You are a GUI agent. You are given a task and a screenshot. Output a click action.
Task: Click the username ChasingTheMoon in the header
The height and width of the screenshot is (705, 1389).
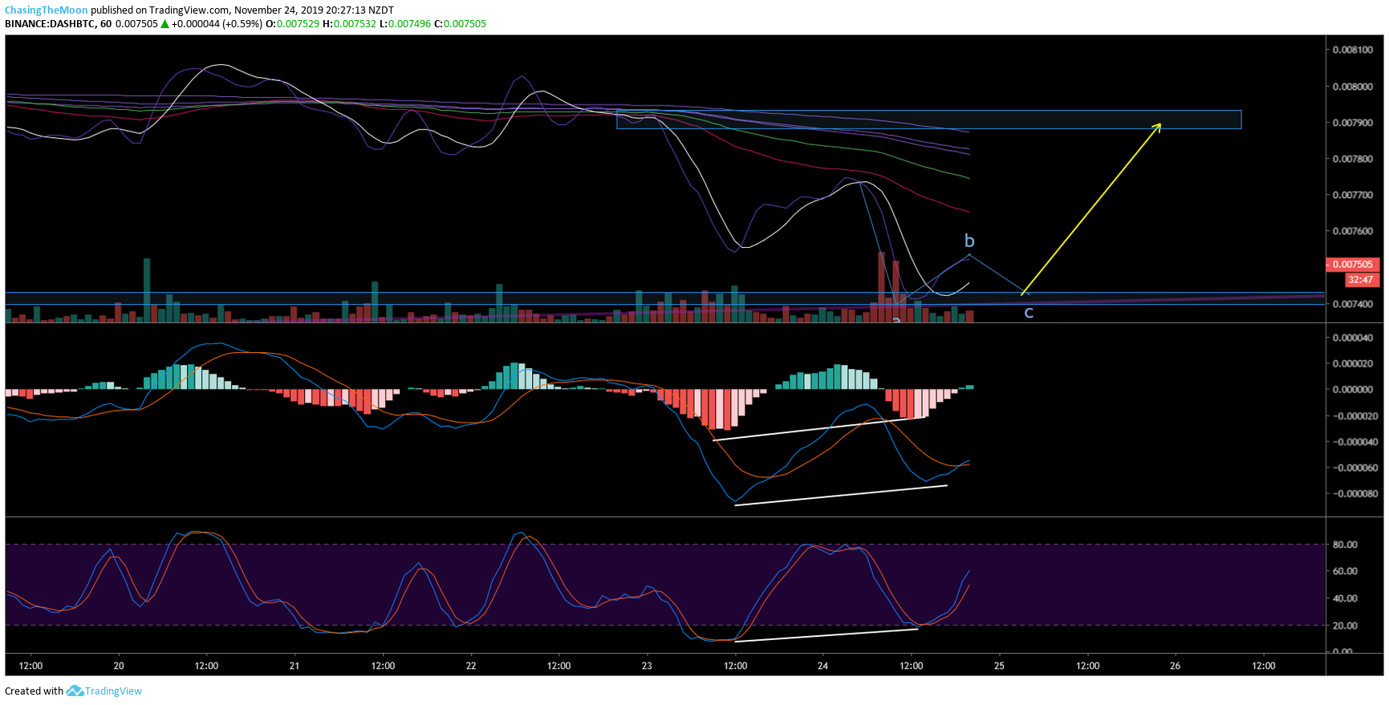tap(47, 10)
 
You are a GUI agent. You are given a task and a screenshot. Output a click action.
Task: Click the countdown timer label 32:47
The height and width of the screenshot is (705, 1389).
tap(1361, 280)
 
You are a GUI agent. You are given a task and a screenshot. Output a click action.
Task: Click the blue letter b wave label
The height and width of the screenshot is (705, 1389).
tap(969, 241)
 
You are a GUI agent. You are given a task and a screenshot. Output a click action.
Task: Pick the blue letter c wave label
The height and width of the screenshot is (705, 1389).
tap(1029, 313)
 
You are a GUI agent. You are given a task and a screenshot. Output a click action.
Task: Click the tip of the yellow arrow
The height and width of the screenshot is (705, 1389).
tap(1161, 123)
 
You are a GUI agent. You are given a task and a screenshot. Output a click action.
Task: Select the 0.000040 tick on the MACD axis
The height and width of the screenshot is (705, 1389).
tap(1355, 338)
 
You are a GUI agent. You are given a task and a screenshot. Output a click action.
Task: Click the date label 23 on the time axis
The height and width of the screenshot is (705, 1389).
tap(648, 666)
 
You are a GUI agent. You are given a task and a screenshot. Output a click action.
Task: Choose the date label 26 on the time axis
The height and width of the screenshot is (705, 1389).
tap(1176, 666)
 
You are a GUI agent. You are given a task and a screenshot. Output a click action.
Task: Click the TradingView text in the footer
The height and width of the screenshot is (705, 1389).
tap(113, 691)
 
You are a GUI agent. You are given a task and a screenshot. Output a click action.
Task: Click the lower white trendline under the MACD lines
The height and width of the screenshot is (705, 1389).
tap(841, 495)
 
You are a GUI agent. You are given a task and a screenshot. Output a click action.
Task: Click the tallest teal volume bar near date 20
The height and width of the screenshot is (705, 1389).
tap(147, 290)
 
